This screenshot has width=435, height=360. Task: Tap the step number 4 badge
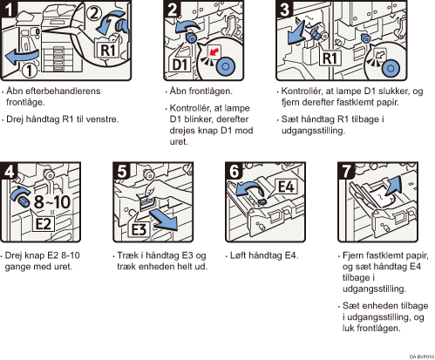8,171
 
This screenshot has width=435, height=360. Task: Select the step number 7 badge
346,171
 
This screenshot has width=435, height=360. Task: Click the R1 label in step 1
107,50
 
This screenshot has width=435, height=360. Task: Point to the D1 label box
180,65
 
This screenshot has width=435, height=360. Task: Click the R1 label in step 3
330,58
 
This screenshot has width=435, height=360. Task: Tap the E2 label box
43,224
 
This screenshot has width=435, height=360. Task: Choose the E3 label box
139,229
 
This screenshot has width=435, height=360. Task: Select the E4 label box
286,187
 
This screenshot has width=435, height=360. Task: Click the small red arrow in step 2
214,52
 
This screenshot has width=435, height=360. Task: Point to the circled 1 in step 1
30,71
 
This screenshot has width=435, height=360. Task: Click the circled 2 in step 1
93,13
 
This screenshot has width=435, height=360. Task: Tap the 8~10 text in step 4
52,202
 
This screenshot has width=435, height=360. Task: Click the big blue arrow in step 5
164,221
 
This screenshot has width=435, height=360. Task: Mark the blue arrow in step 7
394,186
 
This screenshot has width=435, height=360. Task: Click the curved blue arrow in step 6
250,189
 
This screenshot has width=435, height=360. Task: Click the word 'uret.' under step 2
179,142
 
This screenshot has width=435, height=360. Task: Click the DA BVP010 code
422,357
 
